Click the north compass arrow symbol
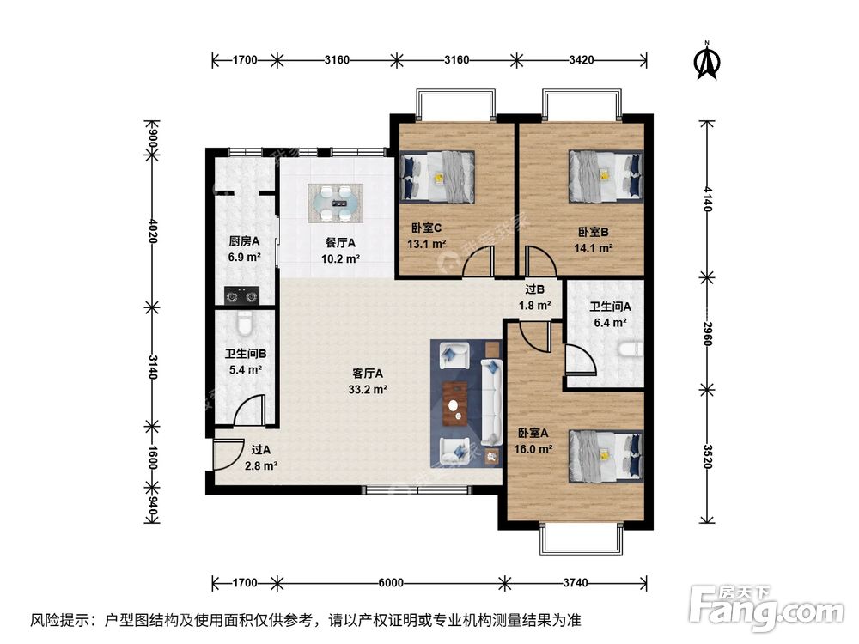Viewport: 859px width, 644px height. click(x=706, y=60)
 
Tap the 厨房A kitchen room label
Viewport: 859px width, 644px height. click(x=244, y=242)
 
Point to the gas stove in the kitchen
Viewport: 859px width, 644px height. click(x=241, y=295)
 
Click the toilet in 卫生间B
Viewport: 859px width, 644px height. click(x=244, y=325)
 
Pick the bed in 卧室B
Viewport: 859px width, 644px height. click(x=606, y=176)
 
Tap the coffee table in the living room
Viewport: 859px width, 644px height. click(x=454, y=403)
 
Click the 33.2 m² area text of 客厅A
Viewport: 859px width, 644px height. click(x=368, y=389)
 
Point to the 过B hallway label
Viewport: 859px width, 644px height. click(x=535, y=289)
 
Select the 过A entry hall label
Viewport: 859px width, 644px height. click(x=261, y=448)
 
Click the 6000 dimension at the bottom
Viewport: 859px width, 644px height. click(x=391, y=583)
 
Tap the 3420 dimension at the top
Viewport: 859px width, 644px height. click(x=582, y=60)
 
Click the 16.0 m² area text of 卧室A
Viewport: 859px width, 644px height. click(x=534, y=448)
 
